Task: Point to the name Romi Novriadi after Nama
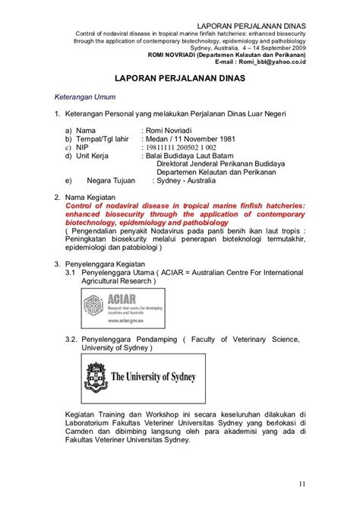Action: tap(177, 131)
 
